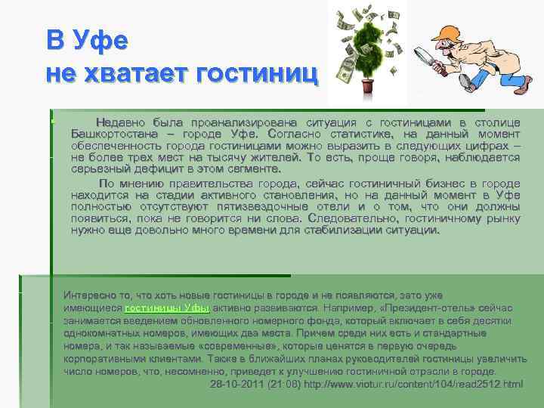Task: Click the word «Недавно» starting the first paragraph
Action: point(121,122)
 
